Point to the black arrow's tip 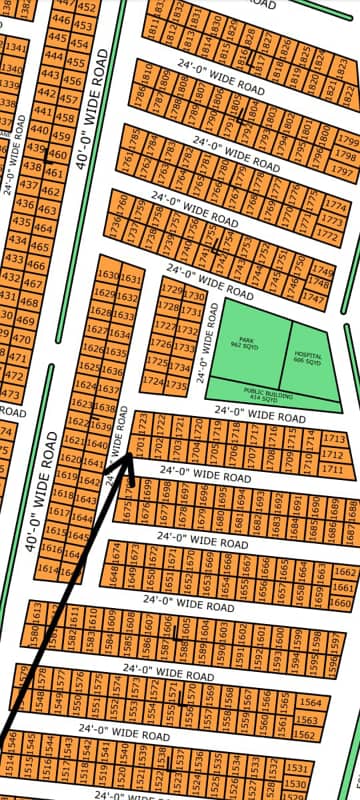133,456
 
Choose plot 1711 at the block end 335,469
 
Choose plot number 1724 153,383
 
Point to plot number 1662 344,572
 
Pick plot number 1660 343,603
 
